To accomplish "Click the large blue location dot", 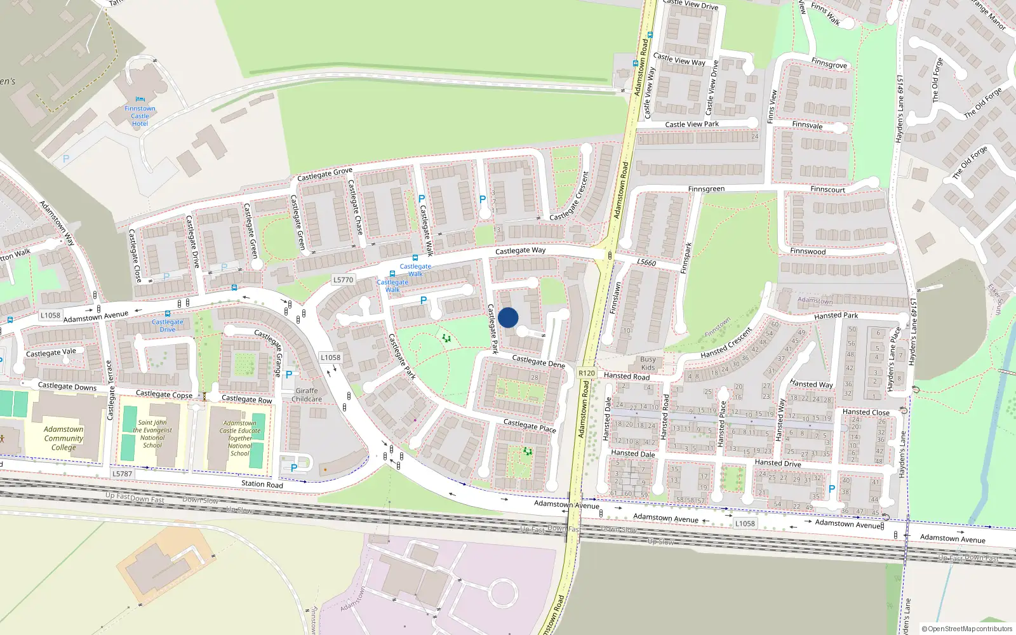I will point(508,317).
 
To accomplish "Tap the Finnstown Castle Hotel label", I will point(140,116).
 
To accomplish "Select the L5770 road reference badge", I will point(343,279).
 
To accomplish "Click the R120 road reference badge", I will point(586,373).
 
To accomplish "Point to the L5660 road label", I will point(646,262).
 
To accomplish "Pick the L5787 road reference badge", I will point(122,474).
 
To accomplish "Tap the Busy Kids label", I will point(648,363).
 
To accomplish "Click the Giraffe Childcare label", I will point(307,395).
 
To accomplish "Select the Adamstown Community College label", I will point(63,438).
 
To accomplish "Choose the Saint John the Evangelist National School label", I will point(152,434).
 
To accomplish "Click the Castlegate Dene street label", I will point(538,361).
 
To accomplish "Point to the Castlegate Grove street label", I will point(324,174).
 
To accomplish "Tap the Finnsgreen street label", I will point(706,189).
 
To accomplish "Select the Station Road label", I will point(262,484).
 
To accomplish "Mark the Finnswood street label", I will point(808,251).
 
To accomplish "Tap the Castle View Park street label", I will point(692,124).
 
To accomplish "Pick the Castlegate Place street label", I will point(530,425).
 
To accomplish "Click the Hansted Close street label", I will point(866,412).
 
